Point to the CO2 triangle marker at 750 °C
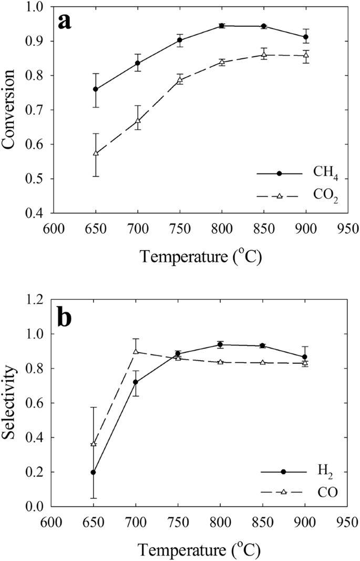click(x=180, y=80)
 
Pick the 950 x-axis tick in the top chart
click(x=347, y=229)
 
